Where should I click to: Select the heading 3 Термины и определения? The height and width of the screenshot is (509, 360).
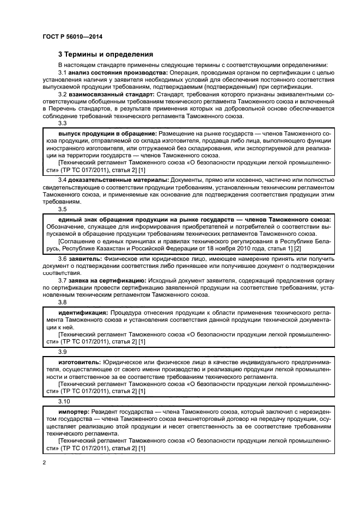point(106,54)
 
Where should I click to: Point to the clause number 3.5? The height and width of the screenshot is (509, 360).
point(62,208)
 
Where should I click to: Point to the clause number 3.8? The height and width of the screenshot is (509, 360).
point(62,302)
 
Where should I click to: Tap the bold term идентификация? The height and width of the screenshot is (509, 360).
point(82,313)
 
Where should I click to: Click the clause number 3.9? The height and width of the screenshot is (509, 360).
point(62,352)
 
